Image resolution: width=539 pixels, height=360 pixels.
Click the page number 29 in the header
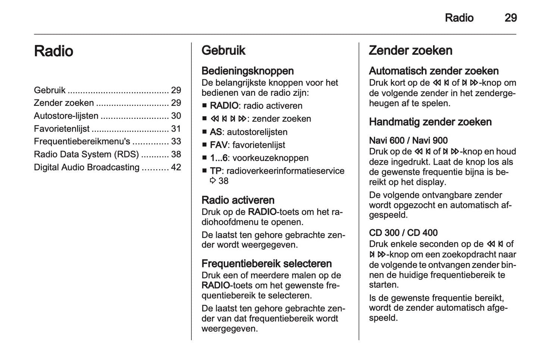(x=510, y=18)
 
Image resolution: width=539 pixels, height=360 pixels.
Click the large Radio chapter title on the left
(x=53, y=51)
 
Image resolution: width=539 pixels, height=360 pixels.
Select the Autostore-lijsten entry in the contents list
(x=66, y=116)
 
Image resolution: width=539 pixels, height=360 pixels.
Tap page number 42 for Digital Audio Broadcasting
(x=176, y=167)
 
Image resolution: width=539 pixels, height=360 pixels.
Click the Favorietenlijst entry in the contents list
(x=62, y=129)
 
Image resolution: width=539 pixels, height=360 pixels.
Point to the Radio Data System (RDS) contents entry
(x=86, y=154)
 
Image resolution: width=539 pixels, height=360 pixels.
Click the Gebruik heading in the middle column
(x=223, y=50)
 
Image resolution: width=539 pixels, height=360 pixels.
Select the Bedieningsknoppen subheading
(x=247, y=71)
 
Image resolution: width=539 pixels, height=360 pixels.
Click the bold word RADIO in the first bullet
(x=224, y=106)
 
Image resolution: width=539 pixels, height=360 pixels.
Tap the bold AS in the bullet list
(x=216, y=132)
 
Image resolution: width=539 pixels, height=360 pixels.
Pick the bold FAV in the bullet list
(x=218, y=145)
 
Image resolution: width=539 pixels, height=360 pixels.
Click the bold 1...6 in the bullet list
(x=219, y=158)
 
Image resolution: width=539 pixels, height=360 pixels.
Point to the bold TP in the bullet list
(x=216, y=171)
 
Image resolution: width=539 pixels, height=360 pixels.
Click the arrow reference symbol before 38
(x=213, y=181)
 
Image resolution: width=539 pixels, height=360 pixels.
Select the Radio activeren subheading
(x=238, y=200)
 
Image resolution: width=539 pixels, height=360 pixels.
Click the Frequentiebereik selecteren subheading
(x=266, y=264)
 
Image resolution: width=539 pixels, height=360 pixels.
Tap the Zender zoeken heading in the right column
(x=410, y=50)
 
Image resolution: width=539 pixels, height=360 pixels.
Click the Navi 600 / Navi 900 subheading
(x=408, y=140)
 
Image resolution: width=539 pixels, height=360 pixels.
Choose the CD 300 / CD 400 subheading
(x=403, y=233)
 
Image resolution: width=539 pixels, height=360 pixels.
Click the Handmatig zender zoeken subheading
(x=430, y=122)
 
